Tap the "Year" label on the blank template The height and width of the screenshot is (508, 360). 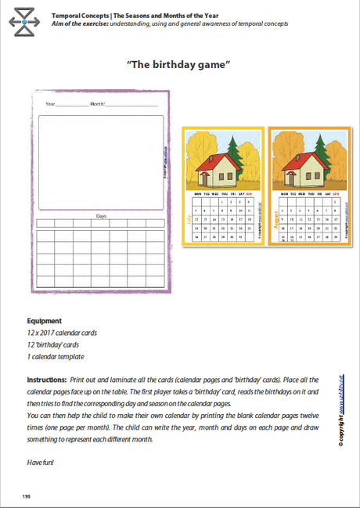point(50,103)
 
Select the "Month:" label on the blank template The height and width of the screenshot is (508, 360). point(98,103)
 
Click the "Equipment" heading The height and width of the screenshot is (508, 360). point(44,321)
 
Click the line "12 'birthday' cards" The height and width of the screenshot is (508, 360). point(54,344)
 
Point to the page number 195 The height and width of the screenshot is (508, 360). point(27,496)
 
